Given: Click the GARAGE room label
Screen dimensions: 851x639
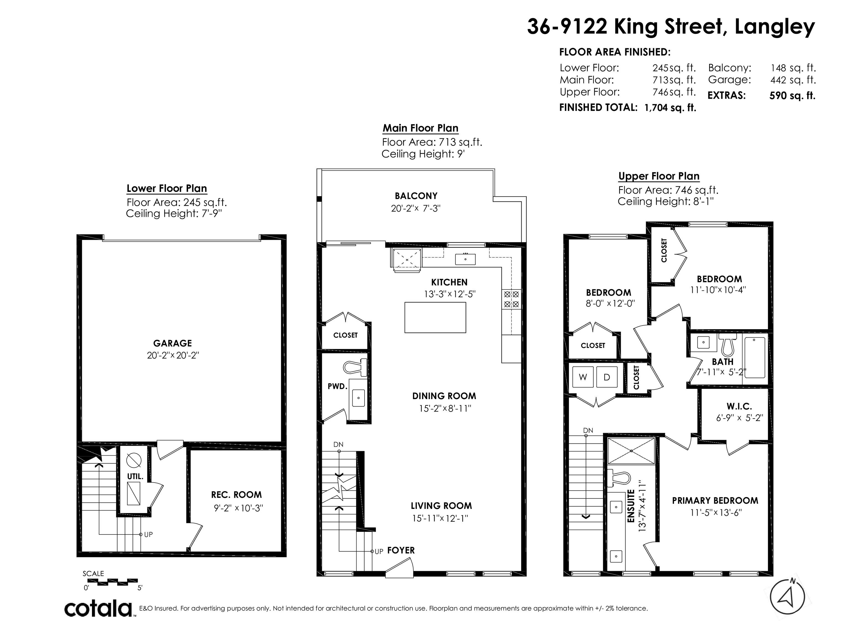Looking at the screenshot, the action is pos(172,343).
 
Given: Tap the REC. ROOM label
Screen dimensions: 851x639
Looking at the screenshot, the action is pos(236,495).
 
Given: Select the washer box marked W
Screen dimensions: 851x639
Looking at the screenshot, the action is pos(583,377).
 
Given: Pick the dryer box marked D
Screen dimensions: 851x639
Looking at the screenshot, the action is pos(607,377).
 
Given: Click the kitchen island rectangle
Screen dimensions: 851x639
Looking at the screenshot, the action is pos(435,317).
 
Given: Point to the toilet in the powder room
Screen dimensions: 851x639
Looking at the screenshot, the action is pos(355,367).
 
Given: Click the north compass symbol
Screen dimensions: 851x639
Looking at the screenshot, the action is pos(787,597).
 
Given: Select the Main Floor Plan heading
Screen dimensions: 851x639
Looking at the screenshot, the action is pos(421,128).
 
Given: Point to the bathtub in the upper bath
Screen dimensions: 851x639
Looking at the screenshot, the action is pos(755,358).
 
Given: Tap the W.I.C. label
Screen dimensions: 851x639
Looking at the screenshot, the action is pos(739,406).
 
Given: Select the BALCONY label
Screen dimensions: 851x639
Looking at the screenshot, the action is pos(416,196).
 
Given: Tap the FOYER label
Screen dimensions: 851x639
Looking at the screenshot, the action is pos(401,551).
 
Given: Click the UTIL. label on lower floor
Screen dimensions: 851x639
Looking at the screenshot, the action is pos(135,476).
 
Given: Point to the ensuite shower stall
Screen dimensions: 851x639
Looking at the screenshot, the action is pos(631,451).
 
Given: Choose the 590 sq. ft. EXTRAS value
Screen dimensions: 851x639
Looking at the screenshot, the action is pos(792,96).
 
